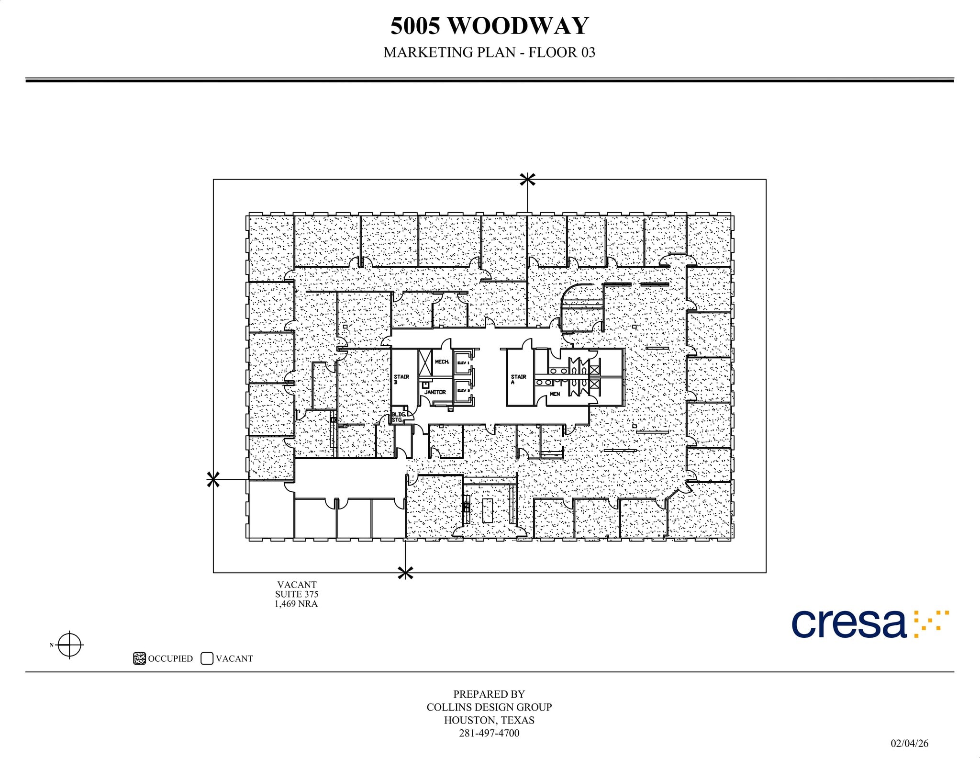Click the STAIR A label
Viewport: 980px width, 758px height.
518,379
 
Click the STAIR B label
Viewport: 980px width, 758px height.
401,379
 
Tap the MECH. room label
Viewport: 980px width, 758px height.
442,362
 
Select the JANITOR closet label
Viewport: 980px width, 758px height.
435,392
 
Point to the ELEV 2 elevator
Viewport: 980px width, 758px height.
463,391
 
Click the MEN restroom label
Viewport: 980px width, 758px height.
555,394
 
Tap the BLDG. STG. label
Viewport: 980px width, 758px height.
398,417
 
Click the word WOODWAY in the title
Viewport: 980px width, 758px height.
518,26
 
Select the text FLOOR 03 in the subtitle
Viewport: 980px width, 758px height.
562,52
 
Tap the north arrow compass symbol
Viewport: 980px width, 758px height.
70,645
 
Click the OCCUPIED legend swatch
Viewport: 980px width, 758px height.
139,658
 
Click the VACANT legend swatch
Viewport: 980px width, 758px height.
207,658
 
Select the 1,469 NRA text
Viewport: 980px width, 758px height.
296,604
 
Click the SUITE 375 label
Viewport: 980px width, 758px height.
296,594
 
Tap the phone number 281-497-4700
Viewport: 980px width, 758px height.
489,733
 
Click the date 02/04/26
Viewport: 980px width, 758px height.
909,743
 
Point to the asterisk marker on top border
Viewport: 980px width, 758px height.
527,180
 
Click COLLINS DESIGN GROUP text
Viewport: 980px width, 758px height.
489,707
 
